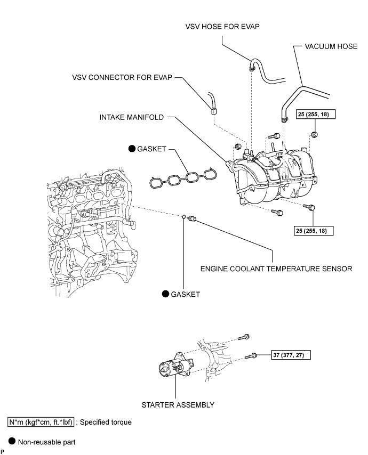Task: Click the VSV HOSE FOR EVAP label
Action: (222, 27)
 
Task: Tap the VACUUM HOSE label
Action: (331, 46)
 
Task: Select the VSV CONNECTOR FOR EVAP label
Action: (122, 77)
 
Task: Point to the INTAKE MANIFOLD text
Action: (132, 117)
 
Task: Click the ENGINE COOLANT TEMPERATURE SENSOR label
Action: (276, 269)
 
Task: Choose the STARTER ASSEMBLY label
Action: (178, 405)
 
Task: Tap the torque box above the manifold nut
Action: (315, 115)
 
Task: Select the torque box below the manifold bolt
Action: (314, 231)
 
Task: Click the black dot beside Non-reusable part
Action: (12, 441)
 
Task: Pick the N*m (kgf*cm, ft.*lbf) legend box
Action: (41, 422)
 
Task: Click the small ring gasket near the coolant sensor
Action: (184, 216)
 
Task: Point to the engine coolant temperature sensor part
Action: (193, 219)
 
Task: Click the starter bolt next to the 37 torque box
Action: (250, 355)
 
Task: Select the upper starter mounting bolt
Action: (244, 337)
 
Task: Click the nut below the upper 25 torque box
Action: (314, 134)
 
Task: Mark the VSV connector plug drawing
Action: (214, 111)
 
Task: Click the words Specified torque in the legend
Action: (106, 422)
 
